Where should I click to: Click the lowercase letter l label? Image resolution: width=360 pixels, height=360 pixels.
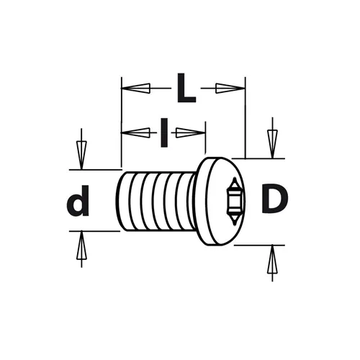click(x=164, y=132)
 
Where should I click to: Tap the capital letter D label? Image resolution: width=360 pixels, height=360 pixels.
click(x=274, y=199)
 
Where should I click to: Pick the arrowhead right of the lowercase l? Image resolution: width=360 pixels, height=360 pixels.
click(x=189, y=132)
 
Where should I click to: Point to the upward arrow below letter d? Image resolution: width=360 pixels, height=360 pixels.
click(x=81, y=248)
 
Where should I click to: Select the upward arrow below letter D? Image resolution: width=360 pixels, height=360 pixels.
click(x=272, y=261)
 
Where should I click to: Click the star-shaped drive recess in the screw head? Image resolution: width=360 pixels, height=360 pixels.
click(x=233, y=201)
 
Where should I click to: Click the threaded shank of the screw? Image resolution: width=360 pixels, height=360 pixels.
click(x=158, y=202)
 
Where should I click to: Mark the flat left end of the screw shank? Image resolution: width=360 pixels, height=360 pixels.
click(x=120, y=202)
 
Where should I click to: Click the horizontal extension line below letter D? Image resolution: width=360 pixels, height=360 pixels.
click(x=256, y=245)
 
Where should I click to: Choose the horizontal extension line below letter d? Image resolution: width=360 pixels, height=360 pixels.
click(x=94, y=231)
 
